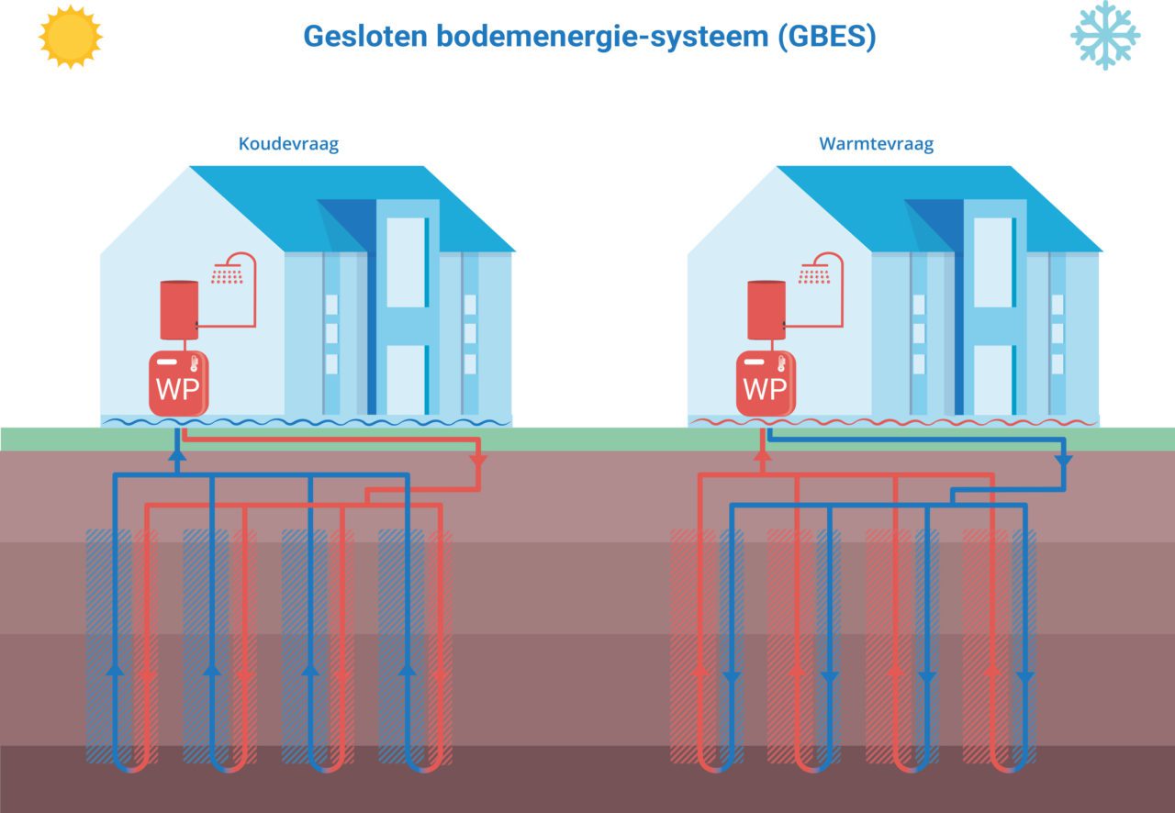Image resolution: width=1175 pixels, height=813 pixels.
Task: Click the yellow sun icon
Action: tap(70, 36)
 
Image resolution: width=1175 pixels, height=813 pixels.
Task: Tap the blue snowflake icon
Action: tap(1104, 35)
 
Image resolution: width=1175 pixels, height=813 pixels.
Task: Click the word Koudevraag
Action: tap(288, 144)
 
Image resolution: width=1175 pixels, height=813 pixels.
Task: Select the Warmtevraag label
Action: tap(876, 144)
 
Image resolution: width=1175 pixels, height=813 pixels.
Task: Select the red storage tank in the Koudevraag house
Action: tap(179, 310)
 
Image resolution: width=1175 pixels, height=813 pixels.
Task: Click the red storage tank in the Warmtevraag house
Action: tap(767, 310)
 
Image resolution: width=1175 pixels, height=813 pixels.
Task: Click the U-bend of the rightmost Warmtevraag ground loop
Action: tap(1009, 763)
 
